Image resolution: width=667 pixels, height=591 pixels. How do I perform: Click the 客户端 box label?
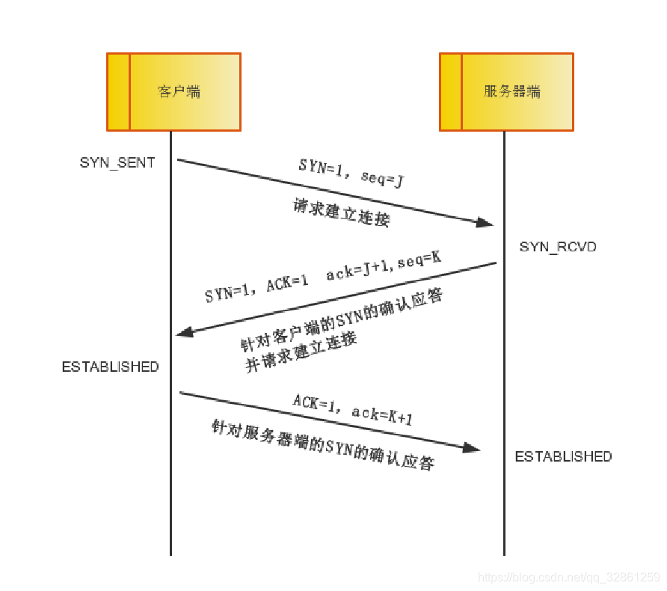[179, 92]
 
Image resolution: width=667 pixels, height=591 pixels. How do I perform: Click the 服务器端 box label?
[512, 92]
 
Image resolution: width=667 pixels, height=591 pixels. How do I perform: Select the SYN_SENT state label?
[117, 162]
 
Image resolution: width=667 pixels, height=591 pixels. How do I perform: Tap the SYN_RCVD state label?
[558, 247]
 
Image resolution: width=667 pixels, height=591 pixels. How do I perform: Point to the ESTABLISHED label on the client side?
[110, 367]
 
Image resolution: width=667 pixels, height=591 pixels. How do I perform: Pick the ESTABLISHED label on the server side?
[563, 456]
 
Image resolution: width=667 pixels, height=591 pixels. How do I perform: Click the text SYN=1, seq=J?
[351, 173]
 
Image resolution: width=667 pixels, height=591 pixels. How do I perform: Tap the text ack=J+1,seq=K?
[384, 272]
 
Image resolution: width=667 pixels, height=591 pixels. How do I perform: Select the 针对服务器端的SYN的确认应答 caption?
[322, 446]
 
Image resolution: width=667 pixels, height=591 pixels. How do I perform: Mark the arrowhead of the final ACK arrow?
[471, 448]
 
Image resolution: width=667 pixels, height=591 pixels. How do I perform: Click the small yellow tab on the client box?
[118, 92]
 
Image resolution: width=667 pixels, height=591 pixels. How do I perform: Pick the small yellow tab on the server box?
[450, 92]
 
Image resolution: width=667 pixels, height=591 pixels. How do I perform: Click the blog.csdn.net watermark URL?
[568, 578]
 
